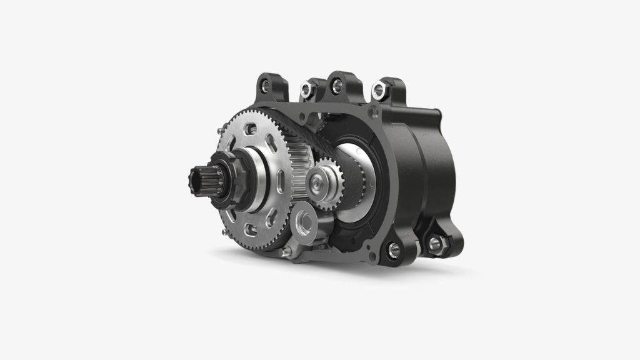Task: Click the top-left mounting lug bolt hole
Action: tap(265, 82)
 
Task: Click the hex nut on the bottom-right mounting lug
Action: tap(434, 241)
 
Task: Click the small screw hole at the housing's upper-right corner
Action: tap(376, 113)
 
